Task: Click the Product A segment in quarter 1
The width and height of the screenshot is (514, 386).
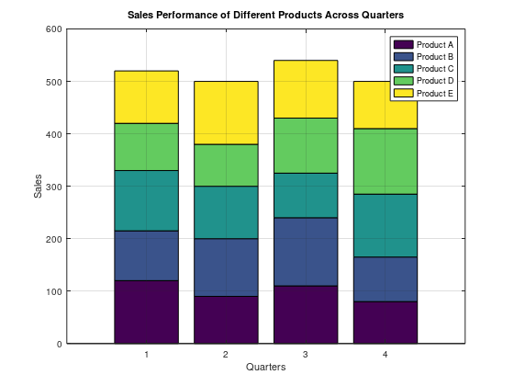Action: [146, 312]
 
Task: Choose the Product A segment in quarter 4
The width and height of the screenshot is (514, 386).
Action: [385, 322]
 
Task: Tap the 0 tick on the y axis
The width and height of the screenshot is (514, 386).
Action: [59, 344]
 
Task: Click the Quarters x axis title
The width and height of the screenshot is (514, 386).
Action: [265, 368]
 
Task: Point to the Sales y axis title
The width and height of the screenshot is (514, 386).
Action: [38, 187]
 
